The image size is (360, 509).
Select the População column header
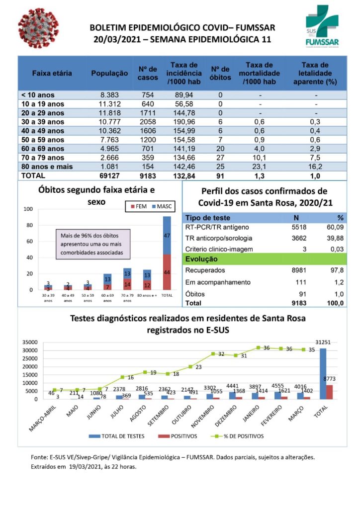tap(109, 73)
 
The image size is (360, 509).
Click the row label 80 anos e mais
tap(47, 167)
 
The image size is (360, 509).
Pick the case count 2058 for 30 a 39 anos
tap(148, 122)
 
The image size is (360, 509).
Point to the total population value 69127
tap(109, 175)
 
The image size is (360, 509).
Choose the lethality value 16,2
tap(315, 167)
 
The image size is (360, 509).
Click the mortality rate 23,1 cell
tap(260, 167)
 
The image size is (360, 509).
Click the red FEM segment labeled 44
tap(167, 272)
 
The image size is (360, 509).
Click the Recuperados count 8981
tap(297, 270)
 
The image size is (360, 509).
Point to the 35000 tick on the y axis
tap(30, 342)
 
